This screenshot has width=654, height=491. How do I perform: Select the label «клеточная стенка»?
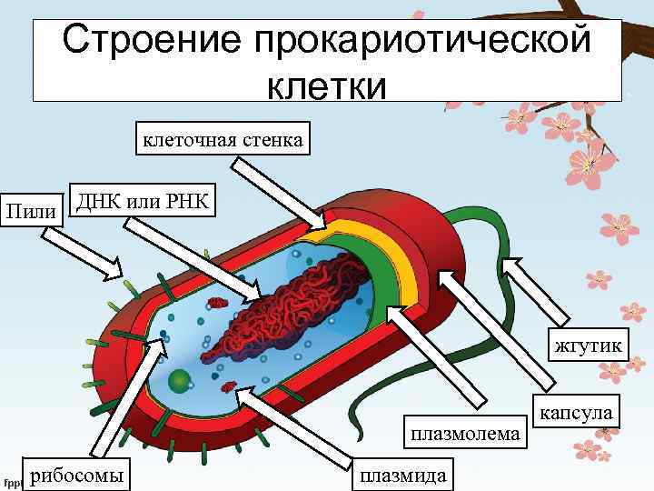point(223,139)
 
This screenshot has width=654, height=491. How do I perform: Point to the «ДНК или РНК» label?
point(142,200)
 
